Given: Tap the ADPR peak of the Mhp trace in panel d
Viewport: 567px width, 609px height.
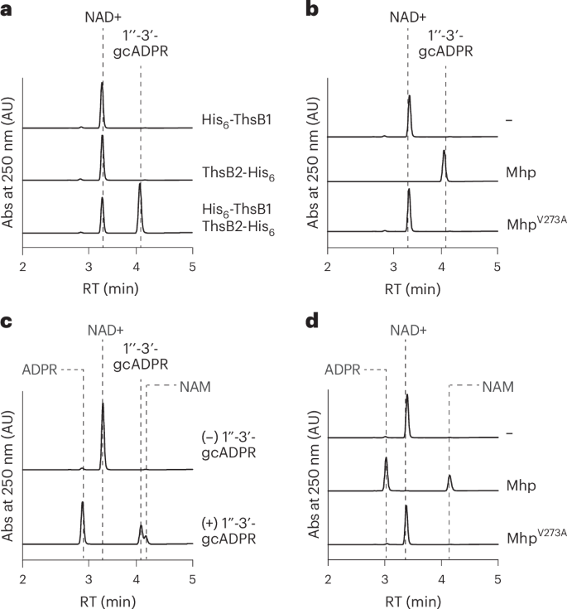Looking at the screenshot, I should point(386,460).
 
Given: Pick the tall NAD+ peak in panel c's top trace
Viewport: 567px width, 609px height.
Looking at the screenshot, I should point(103,404).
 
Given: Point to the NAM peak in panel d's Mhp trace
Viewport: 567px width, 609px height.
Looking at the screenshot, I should point(449,477).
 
